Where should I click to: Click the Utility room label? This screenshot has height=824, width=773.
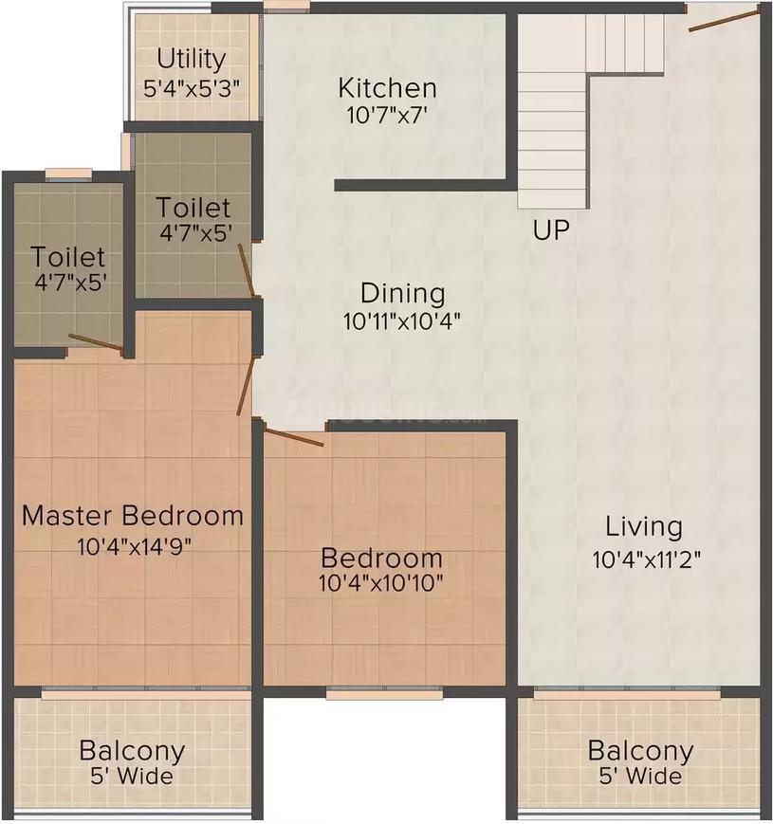(192, 60)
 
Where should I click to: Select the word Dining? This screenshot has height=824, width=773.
(403, 293)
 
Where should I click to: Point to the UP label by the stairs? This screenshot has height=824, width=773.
(550, 230)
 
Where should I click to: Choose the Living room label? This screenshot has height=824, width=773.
(644, 526)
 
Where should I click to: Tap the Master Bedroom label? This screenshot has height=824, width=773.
(133, 516)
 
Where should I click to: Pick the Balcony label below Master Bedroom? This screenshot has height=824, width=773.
(132, 752)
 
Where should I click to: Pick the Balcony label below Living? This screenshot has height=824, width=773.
(640, 752)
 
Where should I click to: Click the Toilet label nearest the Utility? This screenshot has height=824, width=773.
(193, 207)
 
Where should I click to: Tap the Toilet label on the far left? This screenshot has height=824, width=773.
(67, 257)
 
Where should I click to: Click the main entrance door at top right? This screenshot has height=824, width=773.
(724, 18)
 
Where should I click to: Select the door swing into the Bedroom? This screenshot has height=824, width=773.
(293, 437)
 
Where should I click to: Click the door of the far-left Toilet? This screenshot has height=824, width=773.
(95, 343)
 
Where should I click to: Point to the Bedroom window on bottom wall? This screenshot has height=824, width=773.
(371, 694)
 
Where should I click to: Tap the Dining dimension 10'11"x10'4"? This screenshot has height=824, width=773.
(403, 321)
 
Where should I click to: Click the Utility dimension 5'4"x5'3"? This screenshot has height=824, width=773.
(192, 87)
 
